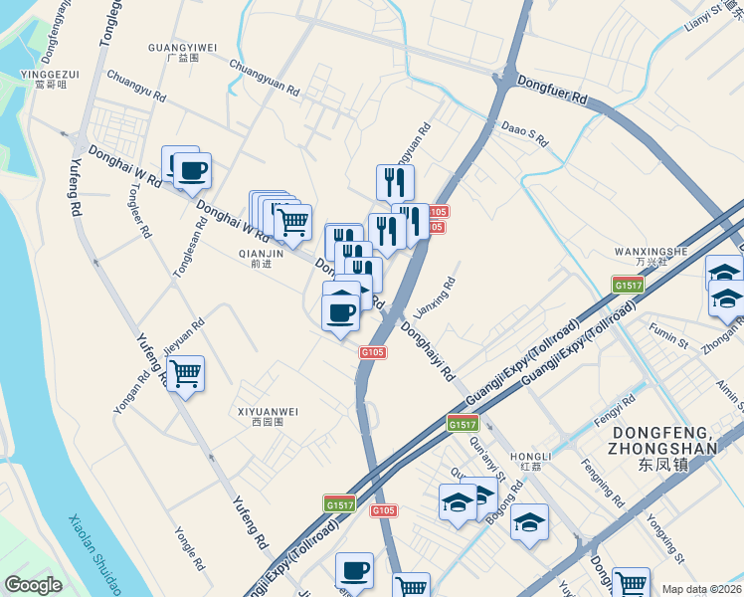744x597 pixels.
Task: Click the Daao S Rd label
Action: point(524,135)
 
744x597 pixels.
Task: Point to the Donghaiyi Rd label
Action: point(429,350)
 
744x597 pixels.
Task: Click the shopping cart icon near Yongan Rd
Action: point(185,374)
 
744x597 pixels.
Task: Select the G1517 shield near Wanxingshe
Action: point(629,286)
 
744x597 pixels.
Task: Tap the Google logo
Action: point(33,584)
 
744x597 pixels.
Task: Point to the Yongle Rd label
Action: point(189,548)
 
